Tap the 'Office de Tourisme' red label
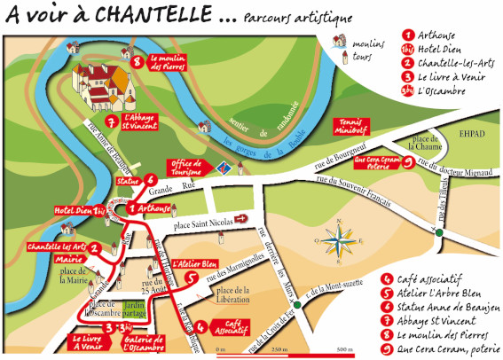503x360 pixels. [186, 168]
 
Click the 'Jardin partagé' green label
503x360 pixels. [135, 306]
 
